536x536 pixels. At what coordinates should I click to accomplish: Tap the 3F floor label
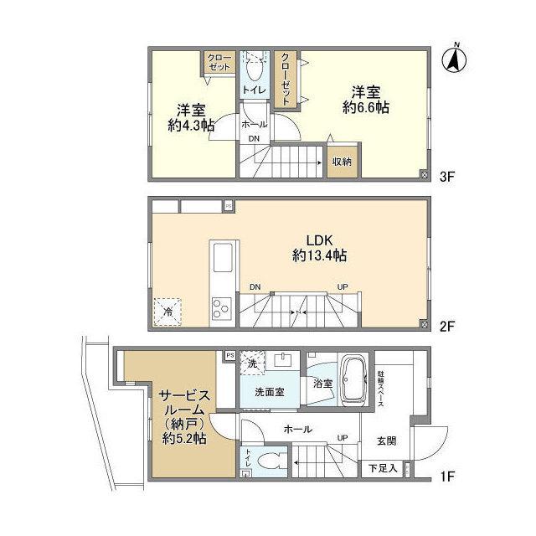click(x=446, y=176)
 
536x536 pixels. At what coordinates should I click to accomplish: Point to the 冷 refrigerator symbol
click(x=168, y=312)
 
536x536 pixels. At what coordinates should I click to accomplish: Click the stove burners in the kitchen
click(x=222, y=309)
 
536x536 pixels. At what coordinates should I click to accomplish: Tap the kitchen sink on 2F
click(x=224, y=258)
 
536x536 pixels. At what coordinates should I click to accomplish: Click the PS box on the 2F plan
click(x=228, y=204)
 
